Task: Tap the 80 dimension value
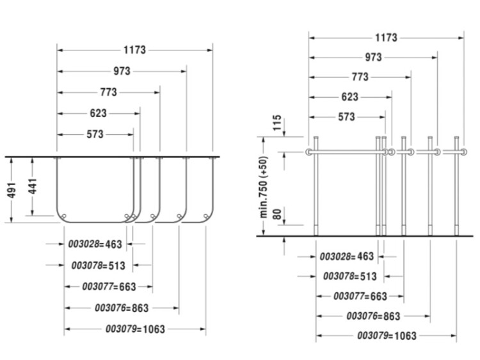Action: pos(276,213)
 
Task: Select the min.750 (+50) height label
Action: pos(262,185)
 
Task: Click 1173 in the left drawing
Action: pos(134,49)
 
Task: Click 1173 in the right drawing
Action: pos(386,38)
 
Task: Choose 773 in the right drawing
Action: pos(360,77)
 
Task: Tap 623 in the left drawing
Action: pos(98,113)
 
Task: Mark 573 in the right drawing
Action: pos(346,117)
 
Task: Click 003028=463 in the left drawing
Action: pos(95,244)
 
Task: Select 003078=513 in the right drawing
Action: pos(349,276)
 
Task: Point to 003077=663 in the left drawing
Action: pos(109,286)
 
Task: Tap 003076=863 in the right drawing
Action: pos(373,316)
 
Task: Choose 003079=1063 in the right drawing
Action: pos(387,335)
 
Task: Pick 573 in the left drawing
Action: pos(95,134)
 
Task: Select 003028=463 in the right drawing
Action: pos(346,256)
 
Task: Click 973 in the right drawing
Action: pos(373,58)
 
